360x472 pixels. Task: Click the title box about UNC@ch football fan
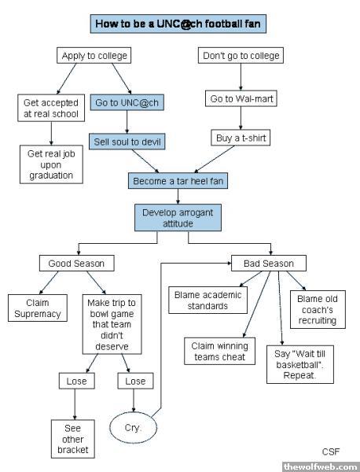pos(178,24)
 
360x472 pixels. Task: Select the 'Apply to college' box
pos(94,55)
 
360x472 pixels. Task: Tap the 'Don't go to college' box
pos(241,55)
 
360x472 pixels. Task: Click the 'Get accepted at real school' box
pos(51,108)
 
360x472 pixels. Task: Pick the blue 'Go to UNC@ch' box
pos(127,102)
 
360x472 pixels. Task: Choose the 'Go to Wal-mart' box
pos(241,98)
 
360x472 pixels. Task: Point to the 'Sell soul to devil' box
pos(127,142)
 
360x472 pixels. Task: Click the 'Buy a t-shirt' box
pos(241,138)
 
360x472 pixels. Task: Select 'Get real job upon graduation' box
pos(51,164)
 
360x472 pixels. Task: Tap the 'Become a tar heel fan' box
pos(178,181)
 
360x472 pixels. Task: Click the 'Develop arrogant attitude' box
pos(178,218)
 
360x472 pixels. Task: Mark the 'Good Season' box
pos(77,263)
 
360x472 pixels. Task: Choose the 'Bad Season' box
pos(269,263)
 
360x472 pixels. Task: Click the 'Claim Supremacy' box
pos(38,308)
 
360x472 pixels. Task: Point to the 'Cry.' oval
pos(134,428)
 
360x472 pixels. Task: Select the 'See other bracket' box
pos(73,439)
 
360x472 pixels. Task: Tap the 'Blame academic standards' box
pos(208,301)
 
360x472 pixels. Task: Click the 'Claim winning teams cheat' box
pos(219,352)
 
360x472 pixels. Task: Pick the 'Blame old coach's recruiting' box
pos(318,309)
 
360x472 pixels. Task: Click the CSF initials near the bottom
pos(331,452)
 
